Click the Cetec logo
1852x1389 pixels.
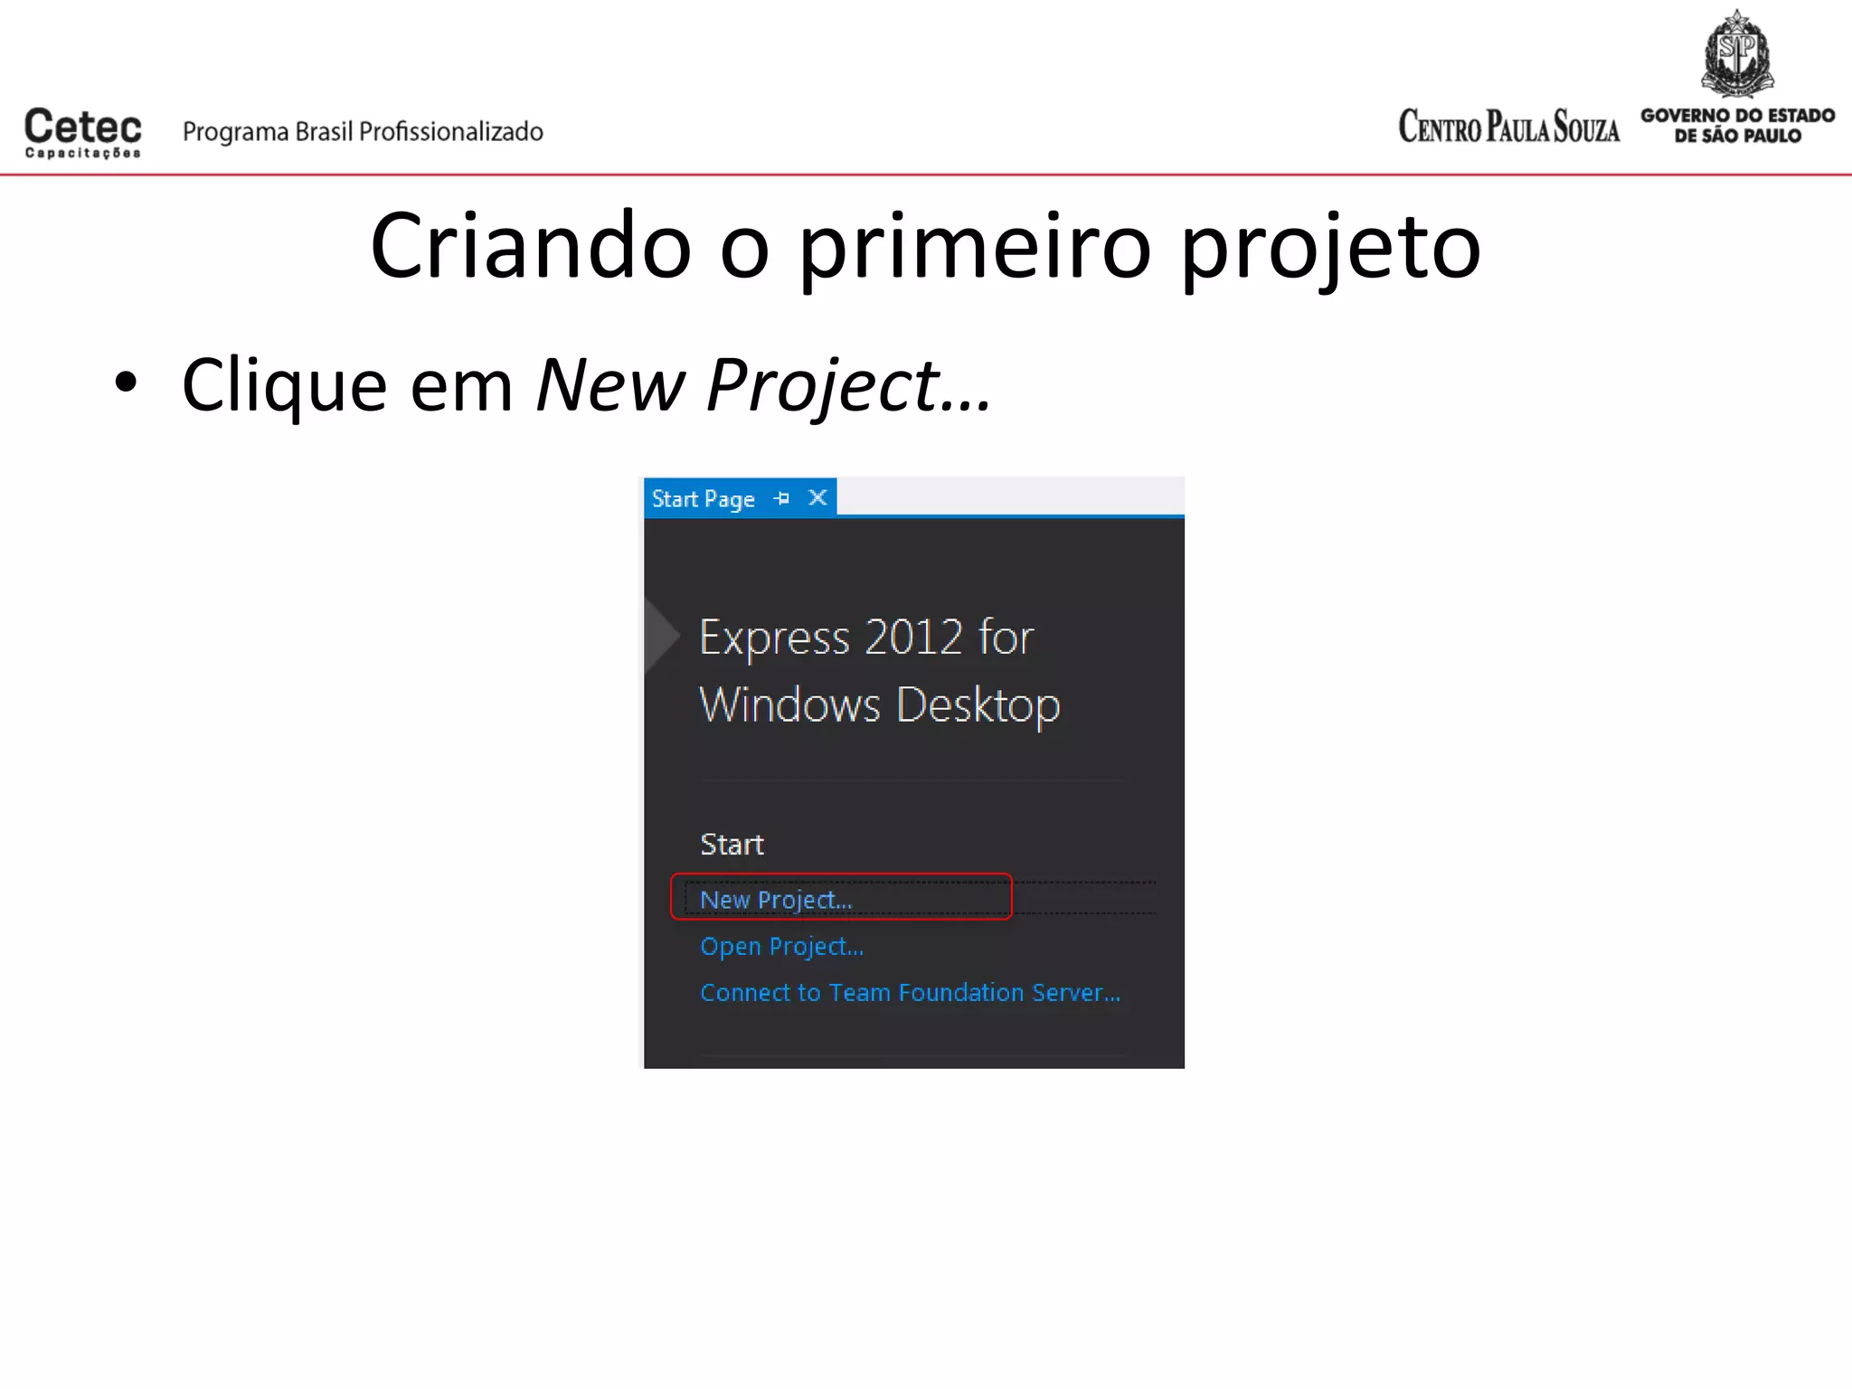click(82, 132)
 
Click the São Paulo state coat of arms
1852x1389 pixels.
click(1737, 54)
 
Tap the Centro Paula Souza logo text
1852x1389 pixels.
click(1508, 127)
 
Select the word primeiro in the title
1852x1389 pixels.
click(976, 246)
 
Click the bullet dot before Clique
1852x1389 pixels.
click(126, 383)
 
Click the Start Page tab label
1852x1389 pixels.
click(703, 499)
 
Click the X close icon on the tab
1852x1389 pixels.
click(817, 497)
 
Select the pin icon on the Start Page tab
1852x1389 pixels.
click(782, 498)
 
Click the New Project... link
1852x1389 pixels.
click(776, 900)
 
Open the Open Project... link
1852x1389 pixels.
click(782, 946)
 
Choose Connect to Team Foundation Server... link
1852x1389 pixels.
click(910, 992)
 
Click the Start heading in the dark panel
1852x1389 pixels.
click(732, 844)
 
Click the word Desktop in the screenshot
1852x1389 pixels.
click(978, 705)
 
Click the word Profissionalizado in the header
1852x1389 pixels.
click(451, 132)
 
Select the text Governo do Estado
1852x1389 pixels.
click(1737, 115)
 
